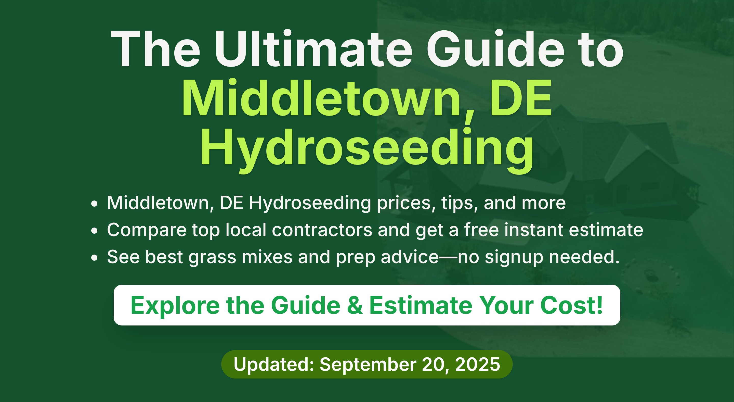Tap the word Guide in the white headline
pos(495,48)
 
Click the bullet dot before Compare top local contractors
pos(94,231)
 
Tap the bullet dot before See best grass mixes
pos(94,258)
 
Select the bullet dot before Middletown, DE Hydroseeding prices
pos(94,204)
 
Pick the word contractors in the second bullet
pos(322,230)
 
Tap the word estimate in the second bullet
pos(606,230)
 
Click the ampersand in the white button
pos(355,305)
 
